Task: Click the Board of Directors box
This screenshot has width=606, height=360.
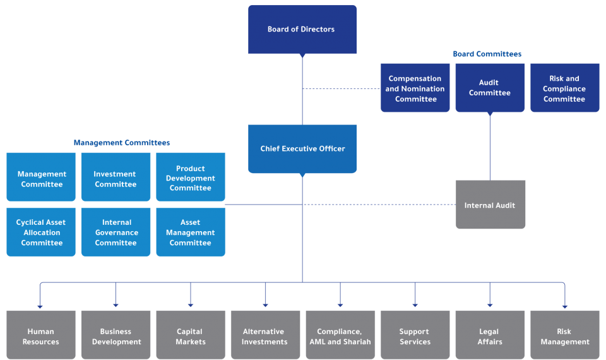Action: click(302, 30)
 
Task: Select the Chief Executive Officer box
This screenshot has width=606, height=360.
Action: click(302, 149)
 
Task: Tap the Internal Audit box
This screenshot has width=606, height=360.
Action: click(490, 205)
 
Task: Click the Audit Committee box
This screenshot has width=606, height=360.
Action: click(489, 88)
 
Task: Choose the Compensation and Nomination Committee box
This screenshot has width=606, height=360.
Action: click(415, 88)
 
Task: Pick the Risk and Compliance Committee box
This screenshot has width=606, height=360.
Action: click(564, 88)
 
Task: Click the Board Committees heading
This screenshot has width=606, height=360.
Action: click(487, 54)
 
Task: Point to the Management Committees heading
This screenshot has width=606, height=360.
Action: click(122, 143)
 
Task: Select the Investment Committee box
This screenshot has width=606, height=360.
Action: click(116, 178)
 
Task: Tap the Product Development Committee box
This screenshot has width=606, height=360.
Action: click(190, 178)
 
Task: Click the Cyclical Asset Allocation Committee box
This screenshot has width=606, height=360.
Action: click(41, 232)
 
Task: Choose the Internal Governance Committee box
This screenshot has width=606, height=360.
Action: click(116, 232)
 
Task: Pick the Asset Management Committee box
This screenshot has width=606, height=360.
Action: click(190, 232)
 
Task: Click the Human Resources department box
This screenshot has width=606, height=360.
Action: click(41, 335)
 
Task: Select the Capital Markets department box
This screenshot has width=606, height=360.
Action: click(190, 335)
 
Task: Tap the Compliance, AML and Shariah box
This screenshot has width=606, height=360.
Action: click(340, 335)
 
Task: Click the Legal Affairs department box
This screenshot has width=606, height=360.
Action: click(489, 335)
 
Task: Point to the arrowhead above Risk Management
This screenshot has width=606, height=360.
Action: click(564, 305)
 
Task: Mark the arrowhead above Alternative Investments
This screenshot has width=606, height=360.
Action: click(265, 305)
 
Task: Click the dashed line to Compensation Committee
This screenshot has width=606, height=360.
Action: click(341, 88)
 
